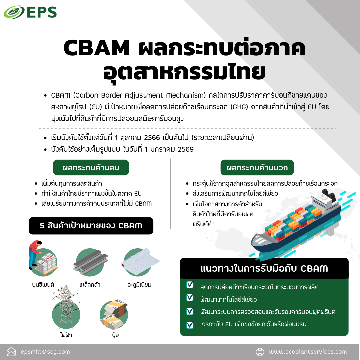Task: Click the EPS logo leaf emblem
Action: pyautogui.click(x=14, y=12)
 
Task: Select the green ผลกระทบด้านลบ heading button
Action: pyautogui.click(x=91, y=168)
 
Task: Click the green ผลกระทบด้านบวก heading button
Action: pyautogui.click(x=257, y=168)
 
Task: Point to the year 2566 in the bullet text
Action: pyautogui.click(x=152, y=138)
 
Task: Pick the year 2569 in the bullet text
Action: pyautogui.click(x=186, y=149)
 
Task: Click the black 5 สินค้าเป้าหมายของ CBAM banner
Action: pyautogui.click(x=91, y=226)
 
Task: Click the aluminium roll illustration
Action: pyautogui.click(x=140, y=261)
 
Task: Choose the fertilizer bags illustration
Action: pyautogui.click(x=114, y=314)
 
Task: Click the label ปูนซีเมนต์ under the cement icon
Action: pyautogui.click(x=43, y=285)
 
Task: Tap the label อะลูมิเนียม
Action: pyautogui.click(x=139, y=285)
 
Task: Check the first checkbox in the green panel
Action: pyautogui.click(x=190, y=284)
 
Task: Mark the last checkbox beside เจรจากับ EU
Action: pyautogui.click(x=190, y=324)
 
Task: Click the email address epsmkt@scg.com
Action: pyautogui.click(x=45, y=352)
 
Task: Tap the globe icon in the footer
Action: pyautogui.click(x=260, y=352)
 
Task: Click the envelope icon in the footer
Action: pyautogui.click(x=11, y=352)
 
